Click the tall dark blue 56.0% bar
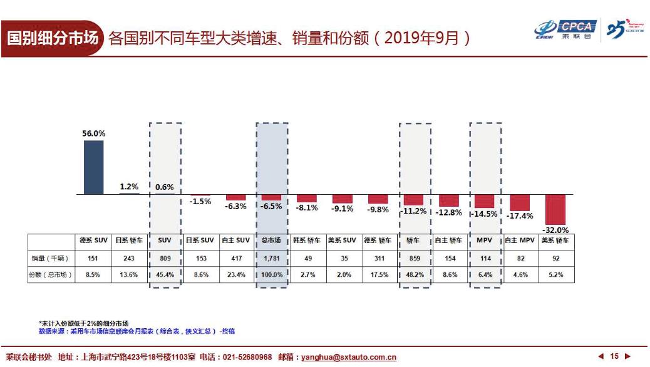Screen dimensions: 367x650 click(93, 167)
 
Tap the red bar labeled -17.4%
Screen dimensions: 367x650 click(520, 202)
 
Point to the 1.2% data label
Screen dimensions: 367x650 click(130, 186)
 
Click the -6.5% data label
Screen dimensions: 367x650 click(271, 205)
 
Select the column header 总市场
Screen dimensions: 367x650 click(271, 240)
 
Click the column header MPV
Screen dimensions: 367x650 click(485, 240)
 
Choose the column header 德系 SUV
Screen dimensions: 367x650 click(93, 240)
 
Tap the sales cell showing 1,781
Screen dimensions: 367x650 click(271, 258)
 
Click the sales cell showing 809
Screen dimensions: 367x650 click(165, 258)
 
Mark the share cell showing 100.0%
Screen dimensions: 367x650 click(271, 274)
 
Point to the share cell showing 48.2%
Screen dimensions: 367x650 click(414, 274)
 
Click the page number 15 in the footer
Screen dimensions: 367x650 click(614, 356)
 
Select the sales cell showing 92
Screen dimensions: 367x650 click(556, 258)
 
